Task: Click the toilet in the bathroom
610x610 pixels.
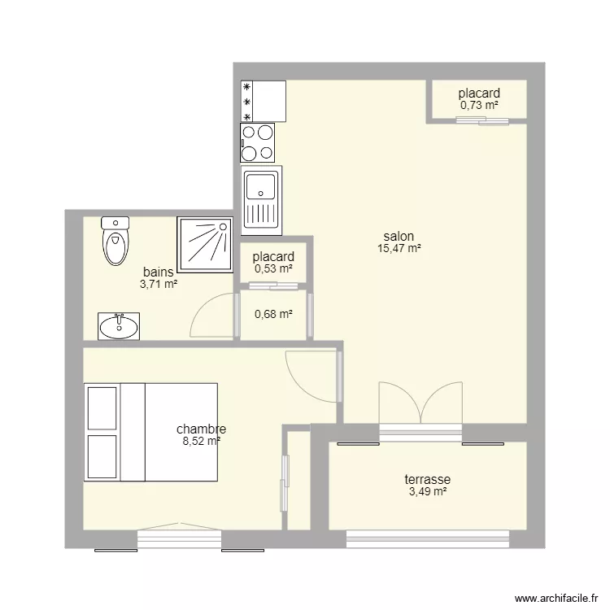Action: pyautogui.click(x=115, y=242)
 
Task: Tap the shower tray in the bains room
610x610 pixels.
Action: pyautogui.click(x=205, y=245)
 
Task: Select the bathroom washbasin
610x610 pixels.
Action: pyautogui.click(x=119, y=326)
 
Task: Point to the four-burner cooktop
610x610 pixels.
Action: pyautogui.click(x=258, y=142)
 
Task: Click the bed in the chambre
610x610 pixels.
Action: pyautogui.click(x=150, y=432)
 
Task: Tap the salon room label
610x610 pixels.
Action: pyautogui.click(x=399, y=236)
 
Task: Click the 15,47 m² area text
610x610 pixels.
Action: pyautogui.click(x=399, y=248)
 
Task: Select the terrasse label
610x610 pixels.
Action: pyautogui.click(x=428, y=479)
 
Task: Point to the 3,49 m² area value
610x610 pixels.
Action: pyautogui.click(x=428, y=492)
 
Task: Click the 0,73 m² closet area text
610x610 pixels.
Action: pyautogui.click(x=479, y=105)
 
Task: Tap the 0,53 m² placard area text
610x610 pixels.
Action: pyautogui.click(x=273, y=268)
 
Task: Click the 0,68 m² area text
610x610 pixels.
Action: pyautogui.click(x=273, y=314)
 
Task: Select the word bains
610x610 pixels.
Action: pyautogui.click(x=159, y=272)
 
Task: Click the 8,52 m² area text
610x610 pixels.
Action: pyautogui.click(x=202, y=441)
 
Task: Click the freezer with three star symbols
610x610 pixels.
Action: pyautogui.click(x=264, y=101)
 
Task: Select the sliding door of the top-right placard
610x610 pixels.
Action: pyautogui.click(x=482, y=120)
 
